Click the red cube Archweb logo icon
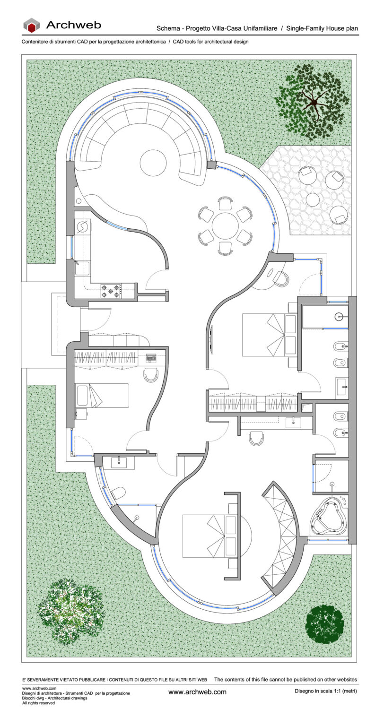coord(32,26)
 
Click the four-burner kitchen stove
coord(111,290)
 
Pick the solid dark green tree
coord(324,624)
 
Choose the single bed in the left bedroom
coord(102,396)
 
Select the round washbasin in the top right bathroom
coord(340,316)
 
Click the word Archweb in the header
coord(73,25)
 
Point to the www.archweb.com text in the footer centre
coord(197,692)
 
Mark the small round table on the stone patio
coord(313,199)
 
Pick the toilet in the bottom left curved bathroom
coord(118,494)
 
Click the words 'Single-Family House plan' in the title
coord(322,28)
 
